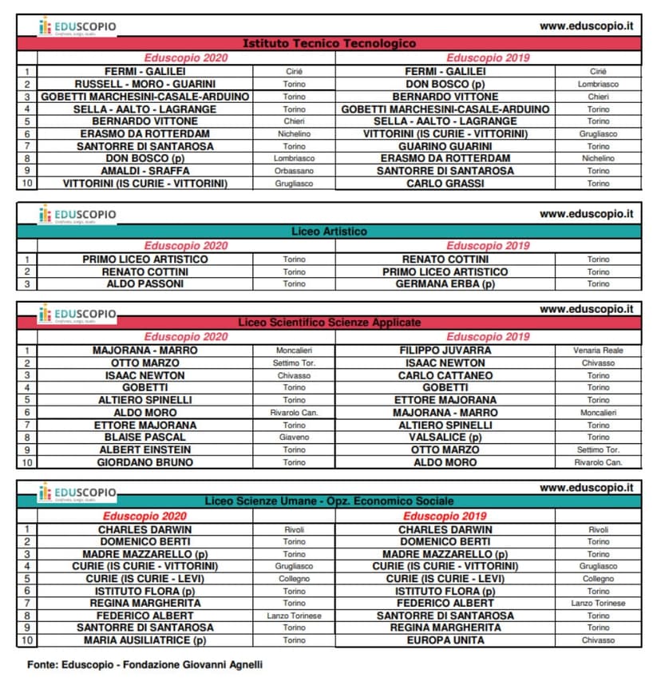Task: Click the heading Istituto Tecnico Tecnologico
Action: pyautogui.click(x=329, y=44)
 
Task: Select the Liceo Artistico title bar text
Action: pyautogui.click(x=329, y=232)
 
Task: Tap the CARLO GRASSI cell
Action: pyautogui.click(x=445, y=184)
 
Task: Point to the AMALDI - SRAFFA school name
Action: pyautogui.click(x=144, y=171)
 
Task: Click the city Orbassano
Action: pyautogui.click(x=294, y=171)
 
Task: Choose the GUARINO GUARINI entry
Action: pyautogui.click(x=445, y=146)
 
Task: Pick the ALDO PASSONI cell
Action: pyautogui.click(x=144, y=284)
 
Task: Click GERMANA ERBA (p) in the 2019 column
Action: pyautogui.click(x=445, y=284)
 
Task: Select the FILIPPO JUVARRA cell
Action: pyautogui.click(x=445, y=350)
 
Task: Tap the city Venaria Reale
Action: pyautogui.click(x=598, y=350)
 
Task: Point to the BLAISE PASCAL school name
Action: pyautogui.click(x=144, y=438)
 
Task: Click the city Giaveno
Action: pyautogui.click(x=294, y=438)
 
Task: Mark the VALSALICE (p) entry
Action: pyautogui.click(x=445, y=438)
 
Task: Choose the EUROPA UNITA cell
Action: pyautogui.click(x=445, y=640)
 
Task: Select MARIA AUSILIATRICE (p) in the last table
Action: pyautogui.click(x=144, y=640)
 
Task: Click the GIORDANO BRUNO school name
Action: pyautogui.click(x=144, y=462)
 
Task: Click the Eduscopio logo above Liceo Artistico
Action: pyautogui.click(x=77, y=215)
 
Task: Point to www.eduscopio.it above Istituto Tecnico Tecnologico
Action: pyautogui.click(x=586, y=26)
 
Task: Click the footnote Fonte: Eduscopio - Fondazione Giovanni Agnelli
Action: pyautogui.click(x=144, y=664)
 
